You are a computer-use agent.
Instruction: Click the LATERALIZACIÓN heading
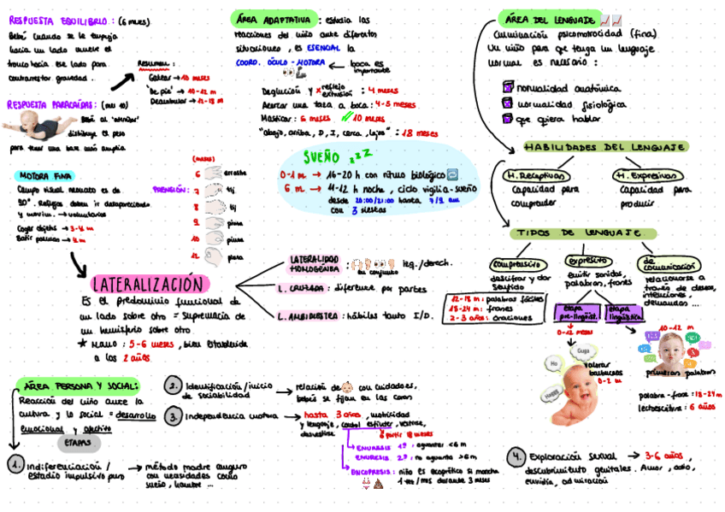point(149,285)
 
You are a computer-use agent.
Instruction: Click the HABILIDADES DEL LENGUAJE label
point(594,147)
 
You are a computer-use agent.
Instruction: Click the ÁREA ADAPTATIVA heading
point(271,19)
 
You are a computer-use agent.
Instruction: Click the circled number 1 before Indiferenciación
point(16,465)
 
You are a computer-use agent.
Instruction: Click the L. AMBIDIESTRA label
point(309,315)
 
